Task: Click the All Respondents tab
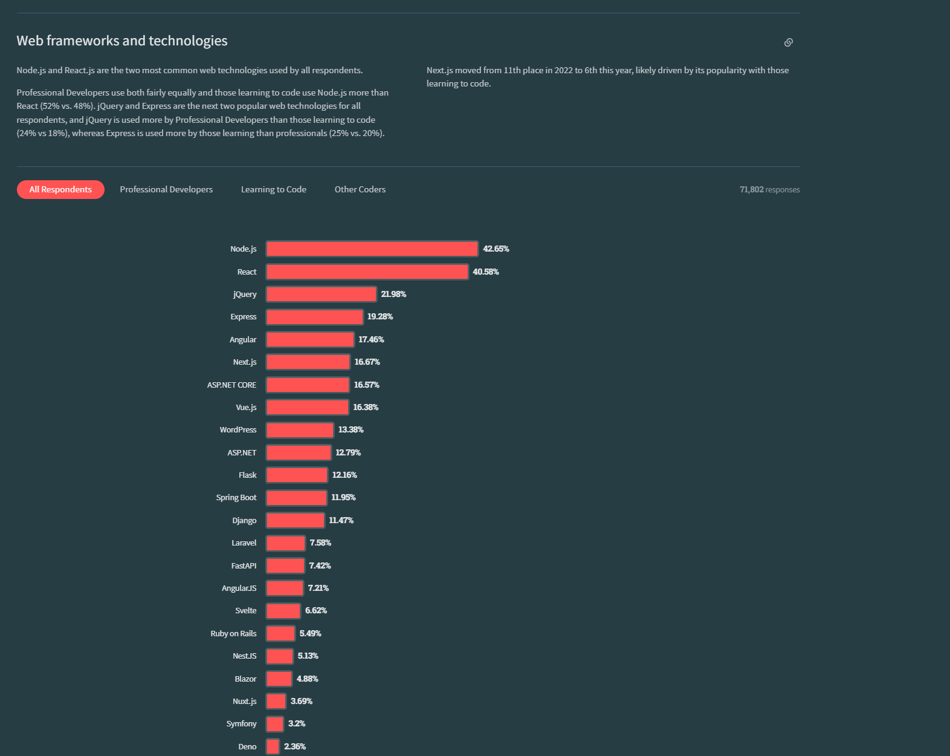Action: (60, 189)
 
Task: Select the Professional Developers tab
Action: (166, 189)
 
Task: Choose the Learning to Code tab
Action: (274, 189)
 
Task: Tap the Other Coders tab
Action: (360, 189)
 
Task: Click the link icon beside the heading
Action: (788, 42)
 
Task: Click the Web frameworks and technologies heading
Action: (122, 41)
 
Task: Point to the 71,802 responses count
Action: (769, 190)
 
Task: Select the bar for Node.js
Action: (372, 249)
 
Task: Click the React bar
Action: (367, 272)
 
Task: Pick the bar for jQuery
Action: (321, 294)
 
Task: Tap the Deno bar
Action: (273, 746)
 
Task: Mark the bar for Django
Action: (295, 520)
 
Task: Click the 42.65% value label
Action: (496, 249)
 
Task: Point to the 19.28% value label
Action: (380, 316)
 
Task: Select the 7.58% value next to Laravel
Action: (320, 543)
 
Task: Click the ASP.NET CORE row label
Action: (231, 385)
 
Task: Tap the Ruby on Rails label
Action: (233, 633)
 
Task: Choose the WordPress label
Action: (238, 429)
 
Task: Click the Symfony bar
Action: (274, 724)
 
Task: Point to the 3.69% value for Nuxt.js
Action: (302, 701)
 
